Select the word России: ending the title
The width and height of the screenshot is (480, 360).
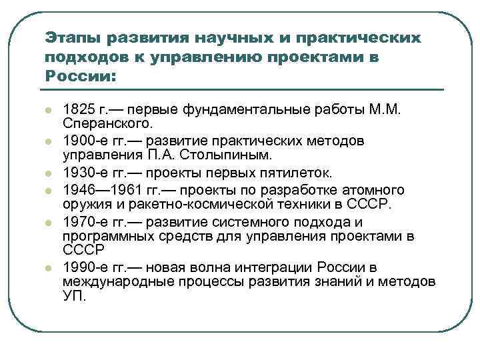coord(80,76)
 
